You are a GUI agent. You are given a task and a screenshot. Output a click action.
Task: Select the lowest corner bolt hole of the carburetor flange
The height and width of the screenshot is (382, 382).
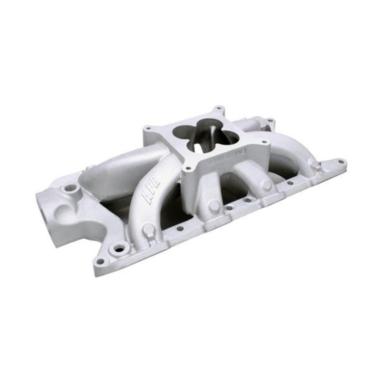[x=187, y=168]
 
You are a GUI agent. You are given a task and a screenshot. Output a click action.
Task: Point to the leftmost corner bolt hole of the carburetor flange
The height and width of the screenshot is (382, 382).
[x=148, y=127]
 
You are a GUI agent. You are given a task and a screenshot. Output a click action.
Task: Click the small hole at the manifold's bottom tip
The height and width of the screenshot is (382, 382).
[x=100, y=261]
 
